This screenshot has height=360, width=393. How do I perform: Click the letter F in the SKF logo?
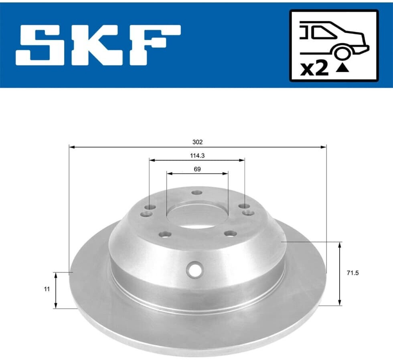click(154, 45)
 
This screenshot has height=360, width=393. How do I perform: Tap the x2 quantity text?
click(314, 69)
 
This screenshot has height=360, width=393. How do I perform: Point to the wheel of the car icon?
click(342, 53)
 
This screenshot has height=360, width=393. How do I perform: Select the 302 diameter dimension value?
click(197, 142)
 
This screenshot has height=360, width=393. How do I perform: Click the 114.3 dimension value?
click(197, 156)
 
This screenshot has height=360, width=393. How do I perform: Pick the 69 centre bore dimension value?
click(197, 169)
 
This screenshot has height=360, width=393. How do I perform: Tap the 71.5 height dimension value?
click(352, 273)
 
